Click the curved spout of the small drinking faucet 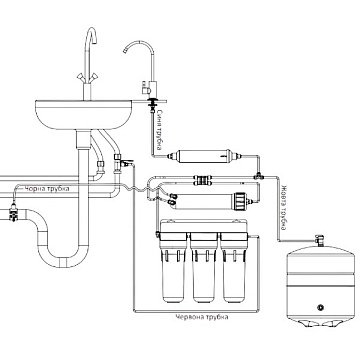tap(134, 50)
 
